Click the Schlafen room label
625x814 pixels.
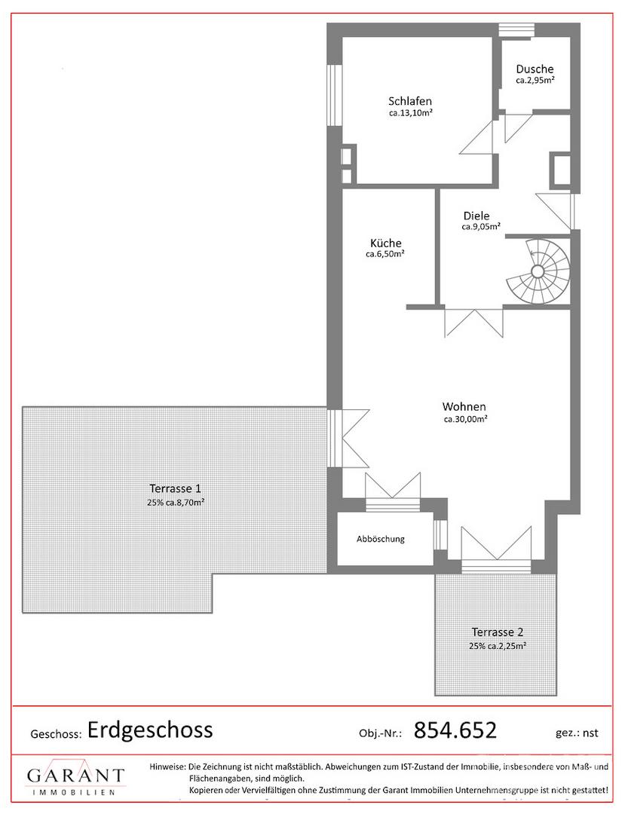click(x=410, y=101)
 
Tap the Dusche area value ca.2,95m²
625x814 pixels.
click(x=535, y=81)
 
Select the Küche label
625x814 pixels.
click(x=386, y=243)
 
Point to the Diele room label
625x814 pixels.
click(x=476, y=216)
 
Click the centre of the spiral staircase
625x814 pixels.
click(x=538, y=271)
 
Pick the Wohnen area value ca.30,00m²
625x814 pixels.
click(x=465, y=419)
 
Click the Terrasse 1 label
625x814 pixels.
click(x=175, y=488)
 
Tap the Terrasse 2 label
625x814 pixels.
click(x=498, y=632)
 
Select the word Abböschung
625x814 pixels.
click(x=381, y=539)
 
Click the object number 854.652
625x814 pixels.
click(x=455, y=730)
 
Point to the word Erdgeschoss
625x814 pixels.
click(x=150, y=730)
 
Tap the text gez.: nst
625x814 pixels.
click(x=577, y=733)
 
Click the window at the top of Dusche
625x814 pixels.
click(x=516, y=30)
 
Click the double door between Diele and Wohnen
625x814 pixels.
click(x=473, y=323)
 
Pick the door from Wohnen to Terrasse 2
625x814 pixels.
click(x=496, y=549)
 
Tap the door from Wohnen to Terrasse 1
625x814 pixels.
click(x=348, y=438)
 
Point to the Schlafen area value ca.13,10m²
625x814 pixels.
click(x=411, y=113)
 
